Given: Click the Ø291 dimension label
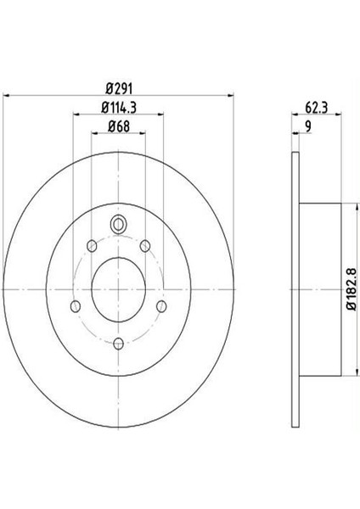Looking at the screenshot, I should (117, 88).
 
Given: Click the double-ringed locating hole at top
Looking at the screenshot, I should (118, 225).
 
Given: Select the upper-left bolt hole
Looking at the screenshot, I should (90, 248).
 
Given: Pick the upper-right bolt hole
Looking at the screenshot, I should (146, 246).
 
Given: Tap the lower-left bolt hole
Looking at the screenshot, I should (76, 305).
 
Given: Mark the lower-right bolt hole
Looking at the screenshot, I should (160, 305).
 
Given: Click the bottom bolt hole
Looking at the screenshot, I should (118, 343).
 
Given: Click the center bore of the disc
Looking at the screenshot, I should (118, 287).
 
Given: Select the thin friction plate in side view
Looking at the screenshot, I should (295, 288).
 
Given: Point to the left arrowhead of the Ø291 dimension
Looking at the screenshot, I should (6, 97).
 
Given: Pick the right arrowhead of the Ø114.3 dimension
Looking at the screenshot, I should (159, 116).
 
